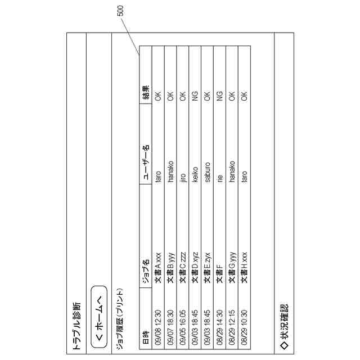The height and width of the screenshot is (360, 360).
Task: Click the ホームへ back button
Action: (99, 318)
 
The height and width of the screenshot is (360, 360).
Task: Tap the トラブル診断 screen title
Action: (76, 326)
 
